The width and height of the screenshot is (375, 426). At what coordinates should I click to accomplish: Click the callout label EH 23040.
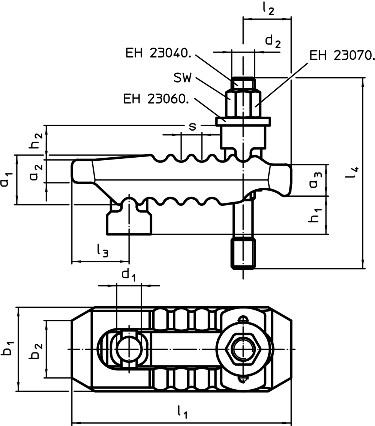[x=158, y=54]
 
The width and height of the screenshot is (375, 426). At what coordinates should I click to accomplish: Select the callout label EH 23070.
[x=342, y=56]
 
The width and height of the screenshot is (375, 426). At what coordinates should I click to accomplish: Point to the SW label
[x=183, y=78]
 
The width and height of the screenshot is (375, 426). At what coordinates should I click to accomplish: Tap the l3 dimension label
[x=102, y=251]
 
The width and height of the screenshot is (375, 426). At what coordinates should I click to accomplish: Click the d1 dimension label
[x=128, y=275]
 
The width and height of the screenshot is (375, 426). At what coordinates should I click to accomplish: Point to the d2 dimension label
[x=273, y=41]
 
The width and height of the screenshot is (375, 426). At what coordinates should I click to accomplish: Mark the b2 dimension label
[x=36, y=350]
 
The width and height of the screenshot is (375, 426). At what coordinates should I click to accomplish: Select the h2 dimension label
[x=36, y=140]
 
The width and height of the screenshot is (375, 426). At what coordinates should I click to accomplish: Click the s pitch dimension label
[x=192, y=126]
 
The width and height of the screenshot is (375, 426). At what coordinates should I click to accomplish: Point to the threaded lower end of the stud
[x=243, y=254]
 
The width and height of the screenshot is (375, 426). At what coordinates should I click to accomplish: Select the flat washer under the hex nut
[x=243, y=121]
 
